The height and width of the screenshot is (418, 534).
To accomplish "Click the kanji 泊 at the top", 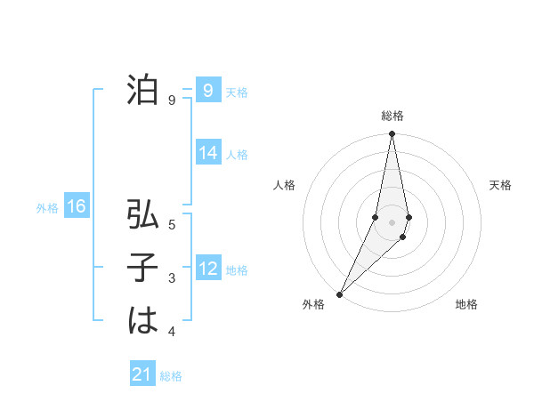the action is pos(142,91).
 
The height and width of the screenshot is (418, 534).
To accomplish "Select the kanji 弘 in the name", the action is pos(142,215).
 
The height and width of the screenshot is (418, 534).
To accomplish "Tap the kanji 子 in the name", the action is pos(142,268).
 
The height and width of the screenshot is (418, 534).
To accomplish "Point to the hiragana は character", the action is pos(142,319).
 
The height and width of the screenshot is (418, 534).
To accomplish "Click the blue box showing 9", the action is pos(207,91).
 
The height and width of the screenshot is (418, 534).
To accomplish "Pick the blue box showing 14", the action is pos(207,153).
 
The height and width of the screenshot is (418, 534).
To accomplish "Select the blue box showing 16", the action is pos(76,207).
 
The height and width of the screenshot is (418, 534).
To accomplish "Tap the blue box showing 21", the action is pos(142,375).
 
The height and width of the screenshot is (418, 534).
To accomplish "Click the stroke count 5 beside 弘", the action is pos(172,225).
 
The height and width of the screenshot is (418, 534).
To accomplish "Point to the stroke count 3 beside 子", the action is pos(172,278).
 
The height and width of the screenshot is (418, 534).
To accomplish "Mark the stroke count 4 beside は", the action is pos(172,332).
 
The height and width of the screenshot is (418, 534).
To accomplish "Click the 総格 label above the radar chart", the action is pos(392,116).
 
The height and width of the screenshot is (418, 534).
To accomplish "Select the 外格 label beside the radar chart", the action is pos(313,304).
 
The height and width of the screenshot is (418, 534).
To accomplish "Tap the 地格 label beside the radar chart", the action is pos(466,304).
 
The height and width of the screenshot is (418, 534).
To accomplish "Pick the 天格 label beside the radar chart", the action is pos(500,185).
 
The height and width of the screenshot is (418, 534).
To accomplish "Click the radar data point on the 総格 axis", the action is pos(392,134).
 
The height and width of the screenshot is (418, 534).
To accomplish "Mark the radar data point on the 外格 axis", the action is pos(339,293).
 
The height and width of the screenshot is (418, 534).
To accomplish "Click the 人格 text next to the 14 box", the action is pos(237,154).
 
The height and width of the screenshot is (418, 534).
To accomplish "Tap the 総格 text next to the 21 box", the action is pos(171,376).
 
